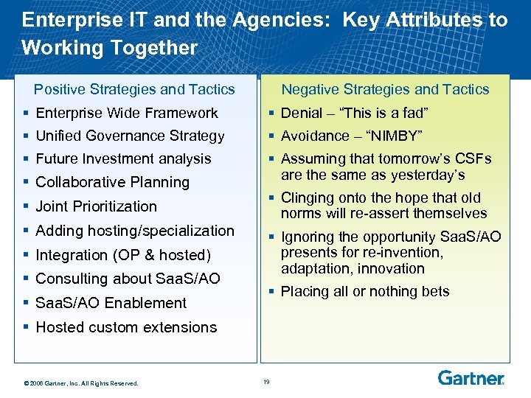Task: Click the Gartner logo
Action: [x=471, y=378]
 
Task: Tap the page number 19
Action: [x=266, y=381]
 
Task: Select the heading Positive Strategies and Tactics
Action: [x=134, y=89]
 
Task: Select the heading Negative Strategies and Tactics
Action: [x=385, y=89]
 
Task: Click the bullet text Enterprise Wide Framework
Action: [x=127, y=113]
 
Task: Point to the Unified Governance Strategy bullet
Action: [x=130, y=136]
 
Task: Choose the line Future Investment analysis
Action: [x=123, y=158]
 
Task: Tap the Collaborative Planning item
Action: [x=112, y=182]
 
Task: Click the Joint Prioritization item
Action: [x=96, y=206]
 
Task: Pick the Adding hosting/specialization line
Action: [x=135, y=231]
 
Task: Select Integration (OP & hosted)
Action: [x=123, y=255]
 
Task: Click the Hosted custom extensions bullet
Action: [x=126, y=327]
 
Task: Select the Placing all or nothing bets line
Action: [x=364, y=291]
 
